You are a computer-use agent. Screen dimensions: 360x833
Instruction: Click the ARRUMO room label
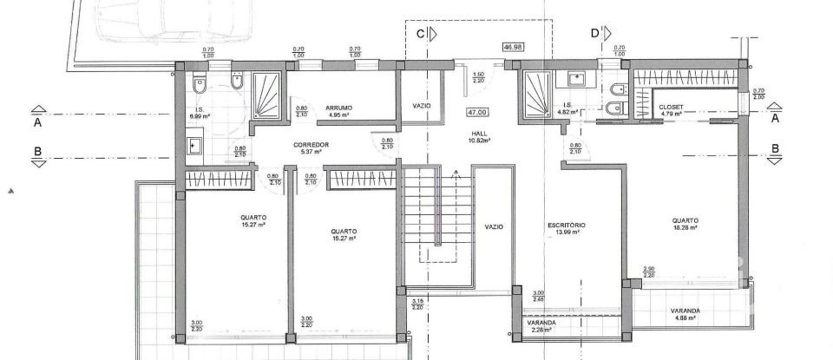coord(338,108)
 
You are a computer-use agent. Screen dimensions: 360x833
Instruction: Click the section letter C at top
coord(421,34)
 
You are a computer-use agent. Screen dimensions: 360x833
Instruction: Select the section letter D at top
coord(595,34)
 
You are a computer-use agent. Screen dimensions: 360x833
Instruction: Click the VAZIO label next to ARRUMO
coord(423,106)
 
